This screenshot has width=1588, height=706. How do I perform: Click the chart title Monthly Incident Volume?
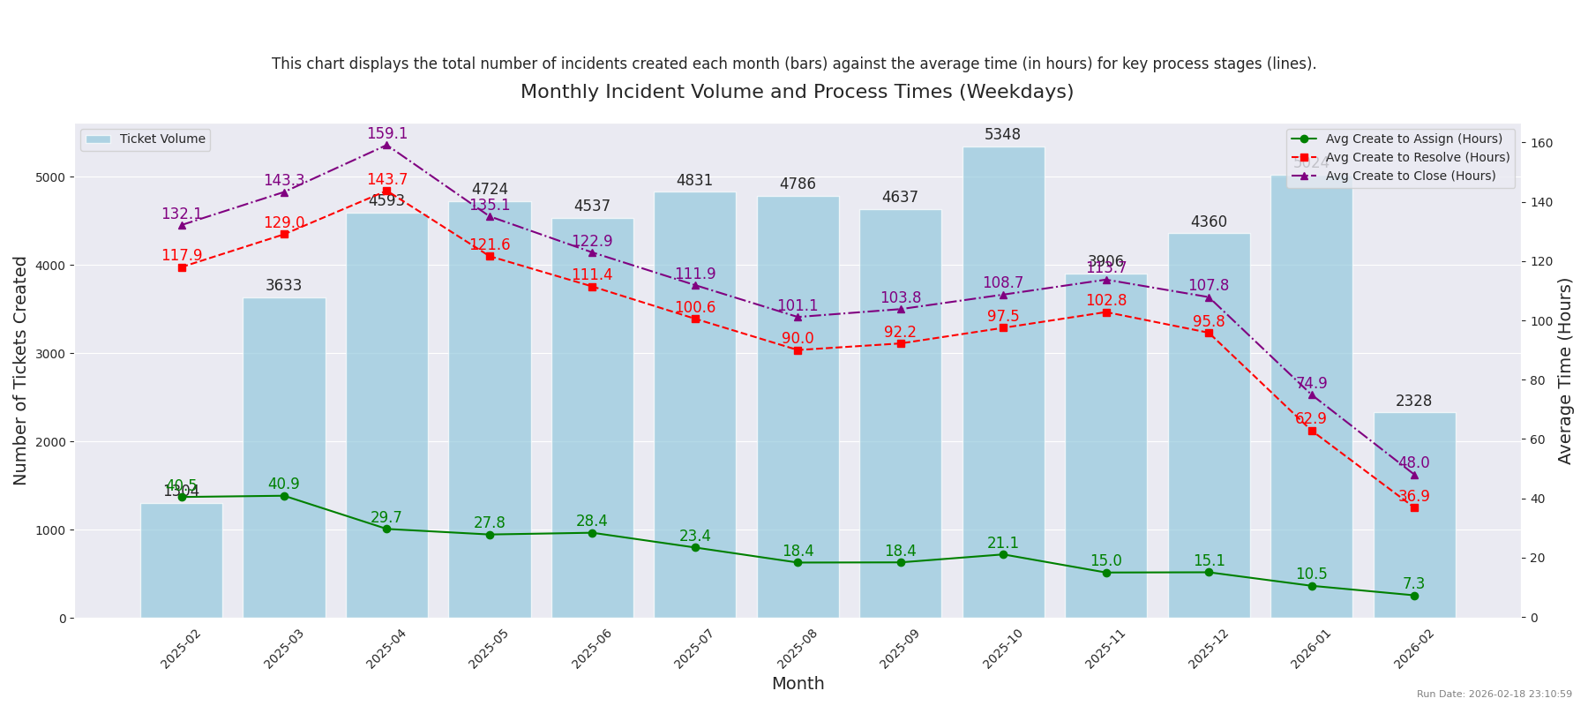pos(797,93)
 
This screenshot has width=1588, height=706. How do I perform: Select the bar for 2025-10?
pos(1003,397)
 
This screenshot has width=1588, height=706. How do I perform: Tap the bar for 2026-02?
pos(1414,529)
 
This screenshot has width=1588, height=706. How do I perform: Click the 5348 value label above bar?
pos(1003,135)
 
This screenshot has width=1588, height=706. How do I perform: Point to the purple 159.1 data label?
pos(387,134)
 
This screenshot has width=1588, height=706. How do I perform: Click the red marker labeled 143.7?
pos(386,191)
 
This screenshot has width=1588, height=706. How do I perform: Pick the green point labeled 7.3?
pos(1414,596)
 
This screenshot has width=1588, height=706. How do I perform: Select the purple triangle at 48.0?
pos(1414,475)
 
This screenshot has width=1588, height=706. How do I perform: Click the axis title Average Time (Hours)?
pos(1565,371)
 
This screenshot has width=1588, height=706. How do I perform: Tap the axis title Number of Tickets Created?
pos(20,371)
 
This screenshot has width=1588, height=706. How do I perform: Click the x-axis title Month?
pos(798,684)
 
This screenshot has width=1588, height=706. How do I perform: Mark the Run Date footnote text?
pos(1494,695)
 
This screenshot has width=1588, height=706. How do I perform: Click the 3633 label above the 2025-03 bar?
pos(284,286)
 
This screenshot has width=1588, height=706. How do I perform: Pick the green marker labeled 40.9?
pos(284,496)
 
